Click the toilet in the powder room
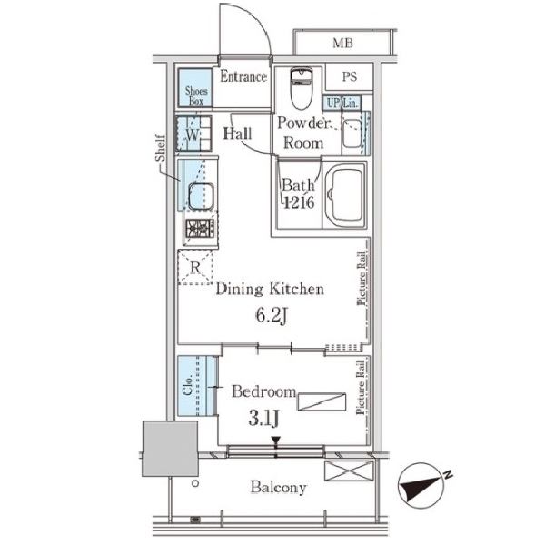[302, 88]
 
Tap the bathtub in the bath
[346, 194]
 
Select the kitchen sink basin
[201, 196]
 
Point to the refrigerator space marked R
[195, 267]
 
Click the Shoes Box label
[196, 96]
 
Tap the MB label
[342, 43]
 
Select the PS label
[350, 76]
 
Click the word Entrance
[243, 76]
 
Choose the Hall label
[237, 134]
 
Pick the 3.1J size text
[263, 419]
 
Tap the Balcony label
[279, 488]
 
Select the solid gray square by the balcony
[171, 449]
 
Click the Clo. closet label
[188, 385]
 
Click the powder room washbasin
[352, 134]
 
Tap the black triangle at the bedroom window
[276, 441]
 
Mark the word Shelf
[160, 148]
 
